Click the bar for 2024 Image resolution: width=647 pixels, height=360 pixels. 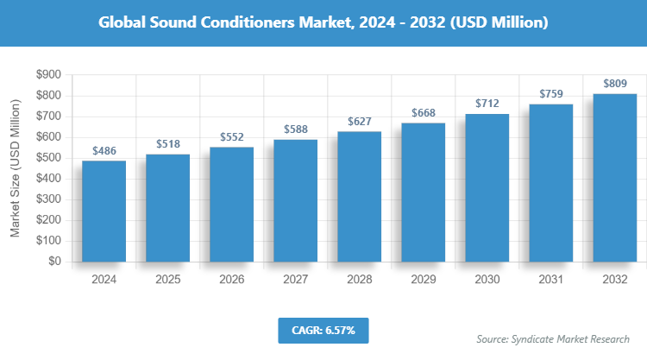tap(104, 211)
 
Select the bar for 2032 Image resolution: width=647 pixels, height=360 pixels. tap(614, 177)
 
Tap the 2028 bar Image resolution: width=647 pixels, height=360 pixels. tap(360, 196)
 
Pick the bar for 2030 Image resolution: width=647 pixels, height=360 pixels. tap(487, 187)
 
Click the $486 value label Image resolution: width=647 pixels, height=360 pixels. tap(104, 150)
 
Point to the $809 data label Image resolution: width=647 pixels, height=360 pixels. tap(614, 84)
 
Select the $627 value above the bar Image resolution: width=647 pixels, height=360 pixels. tap(360, 121)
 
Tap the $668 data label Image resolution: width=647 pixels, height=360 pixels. tap(424, 113)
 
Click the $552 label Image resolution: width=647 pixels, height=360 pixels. tap(232, 136)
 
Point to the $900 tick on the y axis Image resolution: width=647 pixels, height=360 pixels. tap(48, 75)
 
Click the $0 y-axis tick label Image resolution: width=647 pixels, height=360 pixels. tap(53, 261)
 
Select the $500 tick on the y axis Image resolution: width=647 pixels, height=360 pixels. tap(48, 158)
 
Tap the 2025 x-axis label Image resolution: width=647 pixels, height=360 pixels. tap(168, 280)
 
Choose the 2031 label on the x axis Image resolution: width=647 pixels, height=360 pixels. tap(550, 280)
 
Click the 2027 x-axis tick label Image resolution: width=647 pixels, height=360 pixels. tap(296, 280)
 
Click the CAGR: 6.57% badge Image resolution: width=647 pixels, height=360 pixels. tap(323, 330)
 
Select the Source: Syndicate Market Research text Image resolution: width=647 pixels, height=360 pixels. tap(553, 338)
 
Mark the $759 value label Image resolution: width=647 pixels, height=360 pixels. tap(550, 94)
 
